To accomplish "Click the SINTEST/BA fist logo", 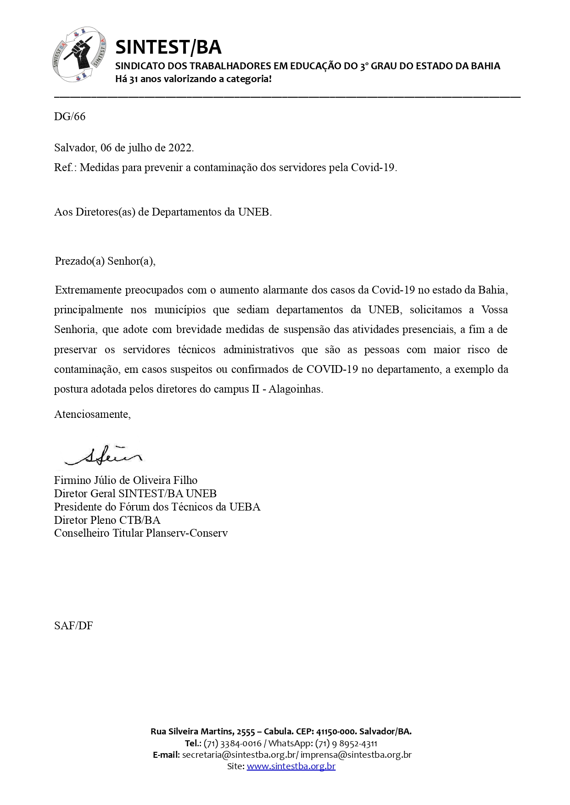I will coord(79,54).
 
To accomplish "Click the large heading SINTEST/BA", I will coord(168,47).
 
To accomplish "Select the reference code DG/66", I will coord(70,117).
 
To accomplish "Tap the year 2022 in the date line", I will coord(180,148).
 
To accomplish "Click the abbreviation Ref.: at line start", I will coord(65,167).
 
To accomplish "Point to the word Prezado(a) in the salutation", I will coord(79,261).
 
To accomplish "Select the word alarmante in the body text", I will coord(285,290).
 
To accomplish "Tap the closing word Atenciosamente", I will coord(92,414).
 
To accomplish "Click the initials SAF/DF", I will coord(73,626).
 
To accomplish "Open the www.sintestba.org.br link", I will coord(291,766).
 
